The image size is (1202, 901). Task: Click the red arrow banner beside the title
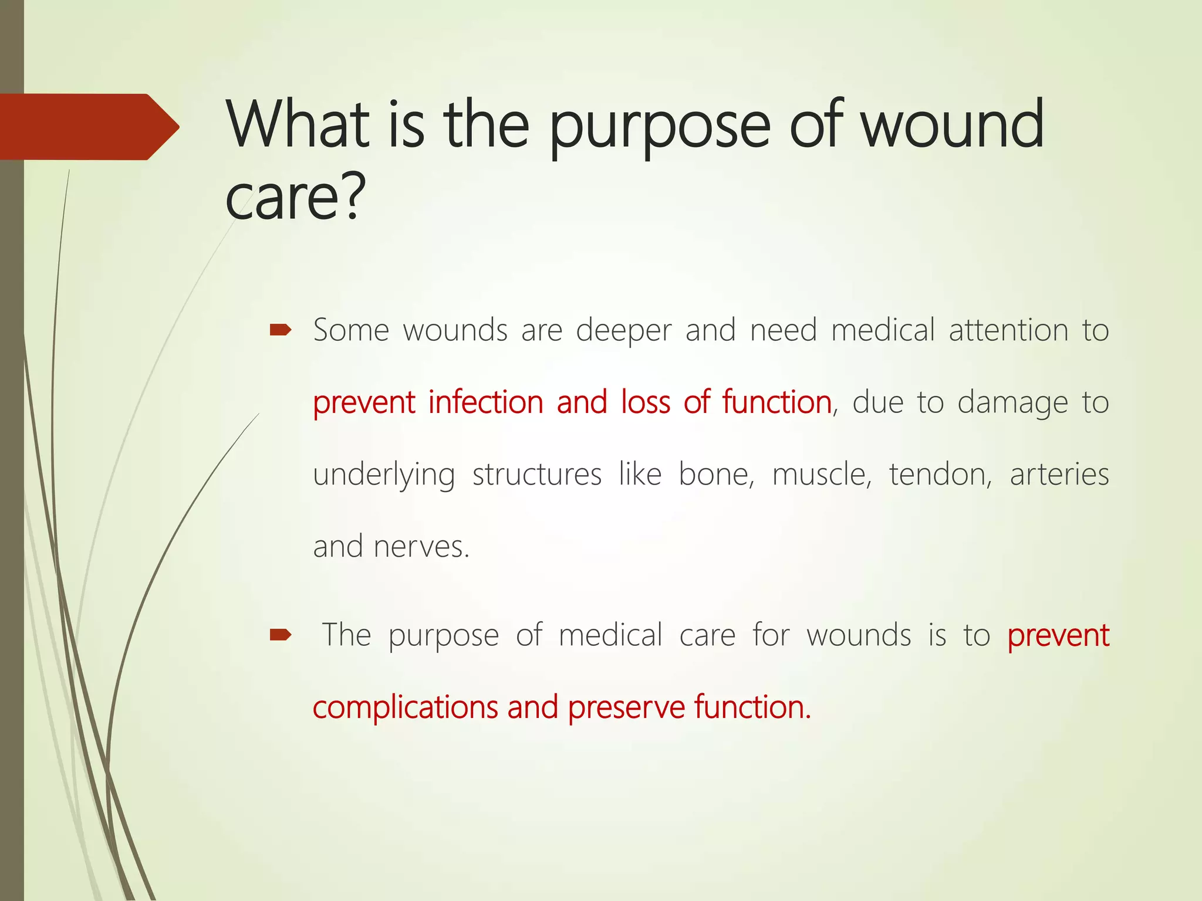(x=88, y=126)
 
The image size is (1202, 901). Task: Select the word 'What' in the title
(x=299, y=124)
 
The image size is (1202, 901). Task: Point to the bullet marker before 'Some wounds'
(x=281, y=331)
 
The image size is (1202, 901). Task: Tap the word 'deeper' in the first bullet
(x=623, y=331)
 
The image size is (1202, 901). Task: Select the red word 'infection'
(x=485, y=402)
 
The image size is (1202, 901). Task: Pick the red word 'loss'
(x=646, y=402)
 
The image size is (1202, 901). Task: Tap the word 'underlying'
(x=384, y=475)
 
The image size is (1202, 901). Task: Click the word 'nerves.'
(x=421, y=547)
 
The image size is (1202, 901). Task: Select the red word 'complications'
(x=406, y=707)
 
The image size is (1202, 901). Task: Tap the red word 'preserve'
(x=626, y=707)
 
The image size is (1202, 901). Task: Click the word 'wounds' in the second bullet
(x=858, y=635)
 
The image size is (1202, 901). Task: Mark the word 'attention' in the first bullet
(x=1008, y=330)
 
